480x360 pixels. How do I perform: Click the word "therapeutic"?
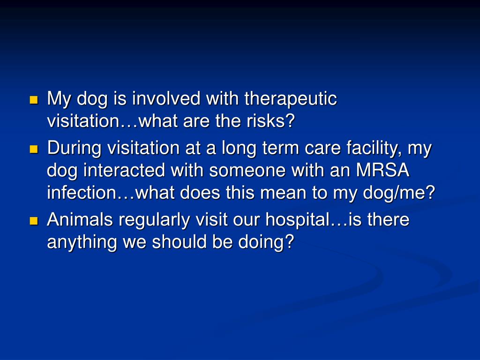(x=291, y=99)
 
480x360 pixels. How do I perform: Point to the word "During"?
(x=75, y=149)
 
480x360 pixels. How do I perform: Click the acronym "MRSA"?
(x=383, y=171)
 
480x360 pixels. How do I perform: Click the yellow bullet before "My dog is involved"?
(x=33, y=100)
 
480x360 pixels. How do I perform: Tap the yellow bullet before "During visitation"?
(x=33, y=149)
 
